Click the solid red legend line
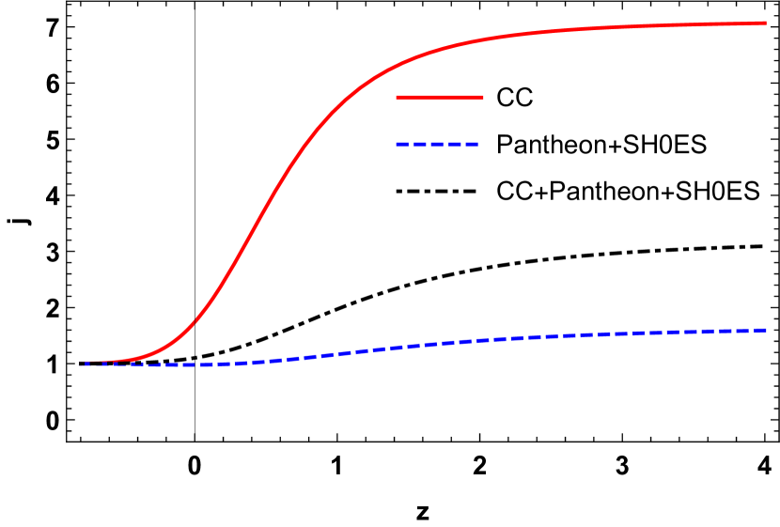(440, 98)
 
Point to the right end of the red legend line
(482, 98)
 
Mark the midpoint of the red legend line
(440, 98)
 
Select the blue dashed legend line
(438, 145)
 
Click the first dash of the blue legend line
(401, 145)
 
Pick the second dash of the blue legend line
(419, 145)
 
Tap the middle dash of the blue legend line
(438, 145)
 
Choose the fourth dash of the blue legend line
(456, 145)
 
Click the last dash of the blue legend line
(473, 145)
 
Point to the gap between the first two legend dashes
(410, 145)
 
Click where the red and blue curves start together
(83, 363)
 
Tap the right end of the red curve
(765, 23)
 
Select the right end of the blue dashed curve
(765, 330)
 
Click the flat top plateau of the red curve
(658, 26)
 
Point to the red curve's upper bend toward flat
(395, 68)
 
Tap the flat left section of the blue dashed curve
(169, 364)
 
